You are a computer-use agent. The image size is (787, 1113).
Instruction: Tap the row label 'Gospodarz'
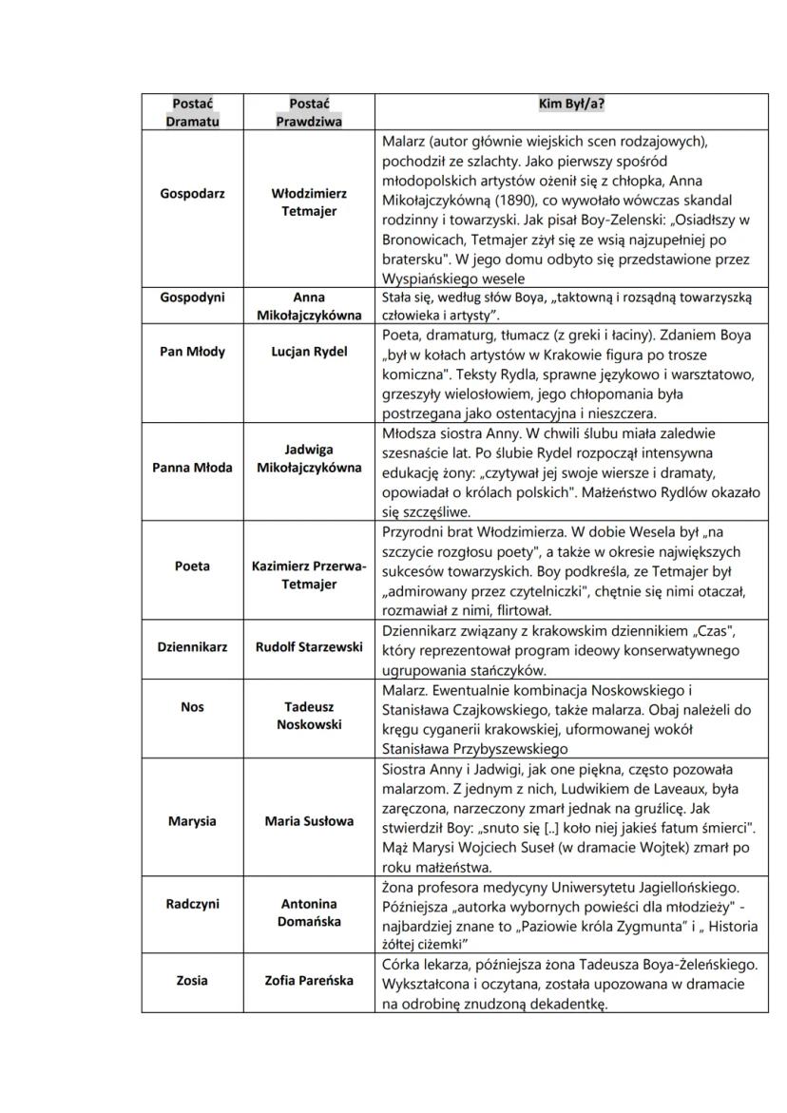pyautogui.click(x=192, y=193)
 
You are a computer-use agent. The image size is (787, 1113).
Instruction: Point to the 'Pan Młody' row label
pyautogui.click(x=192, y=352)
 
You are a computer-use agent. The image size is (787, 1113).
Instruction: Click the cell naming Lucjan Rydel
pyautogui.click(x=309, y=352)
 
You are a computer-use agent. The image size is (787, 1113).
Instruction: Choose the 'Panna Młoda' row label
pyautogui.click(x=192, y=467)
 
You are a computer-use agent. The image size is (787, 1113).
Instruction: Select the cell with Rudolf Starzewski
pyautogui.click(x=309, y=646)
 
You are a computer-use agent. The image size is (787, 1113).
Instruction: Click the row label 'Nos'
pyautogui.click(x=192, y=706)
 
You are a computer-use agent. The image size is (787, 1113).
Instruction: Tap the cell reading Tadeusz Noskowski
pyautogui.click(x=309, y=715)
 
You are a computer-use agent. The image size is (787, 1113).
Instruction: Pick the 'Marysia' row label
pyautogui.click(x=192, y=820)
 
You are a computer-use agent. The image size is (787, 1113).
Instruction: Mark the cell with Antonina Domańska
pyautogui.click(x=309, y=912)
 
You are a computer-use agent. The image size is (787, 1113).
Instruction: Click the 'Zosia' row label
pyautogui.click(x=192, y=980)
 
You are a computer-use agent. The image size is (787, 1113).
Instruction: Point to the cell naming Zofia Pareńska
pyautogui.click(x=309, y=980)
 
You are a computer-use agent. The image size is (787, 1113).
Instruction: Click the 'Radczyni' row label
pyautogui.click(x=192, y=904)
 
